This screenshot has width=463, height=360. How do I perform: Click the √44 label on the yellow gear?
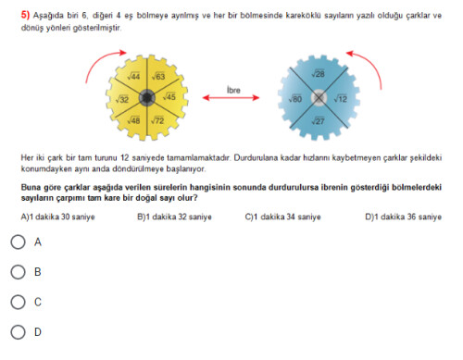(133, 76)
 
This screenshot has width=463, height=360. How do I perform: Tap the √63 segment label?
(158, 76)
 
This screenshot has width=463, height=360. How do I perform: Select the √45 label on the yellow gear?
(169, 96)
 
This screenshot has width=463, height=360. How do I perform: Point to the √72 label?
(157, 120)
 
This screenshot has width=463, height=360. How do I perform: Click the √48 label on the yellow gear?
(133, 120)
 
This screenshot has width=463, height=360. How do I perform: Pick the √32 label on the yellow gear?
(122, 99)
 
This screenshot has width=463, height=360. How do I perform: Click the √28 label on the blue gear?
(318, 73)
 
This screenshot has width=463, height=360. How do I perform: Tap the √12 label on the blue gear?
(341, 99)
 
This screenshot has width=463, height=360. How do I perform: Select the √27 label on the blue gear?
(318, 120)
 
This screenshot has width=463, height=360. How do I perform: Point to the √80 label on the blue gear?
(295, 99)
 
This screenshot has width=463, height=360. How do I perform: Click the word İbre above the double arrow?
(233, 90)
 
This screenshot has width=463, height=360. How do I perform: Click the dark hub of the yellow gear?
(147, 97)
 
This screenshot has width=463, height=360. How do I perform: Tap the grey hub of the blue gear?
(319, 98)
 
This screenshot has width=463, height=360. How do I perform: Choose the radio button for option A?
(18, 242)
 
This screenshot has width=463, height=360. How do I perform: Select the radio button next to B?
(18, 272)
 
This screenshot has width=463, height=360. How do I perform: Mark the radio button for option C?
(18, 302)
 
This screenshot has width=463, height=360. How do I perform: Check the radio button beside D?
(18, 332)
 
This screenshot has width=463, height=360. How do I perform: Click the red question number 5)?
(25, 15)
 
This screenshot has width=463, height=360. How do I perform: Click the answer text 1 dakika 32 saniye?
(179, 217)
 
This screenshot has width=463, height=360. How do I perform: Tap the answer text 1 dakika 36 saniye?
(407, 217)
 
